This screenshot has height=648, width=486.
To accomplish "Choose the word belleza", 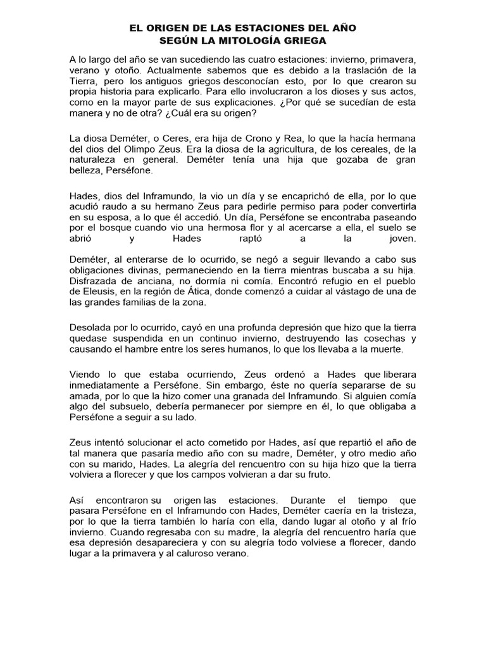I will tap(87, 170).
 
